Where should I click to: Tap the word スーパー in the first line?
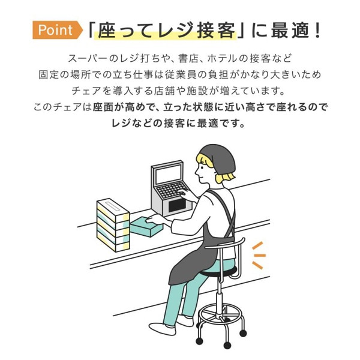coord(88,59)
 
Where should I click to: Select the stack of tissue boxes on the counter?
coord(113,223)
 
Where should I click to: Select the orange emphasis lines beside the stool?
coord(258,255)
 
